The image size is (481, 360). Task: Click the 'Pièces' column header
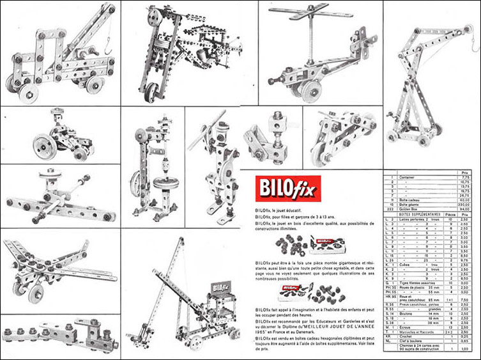450,214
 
